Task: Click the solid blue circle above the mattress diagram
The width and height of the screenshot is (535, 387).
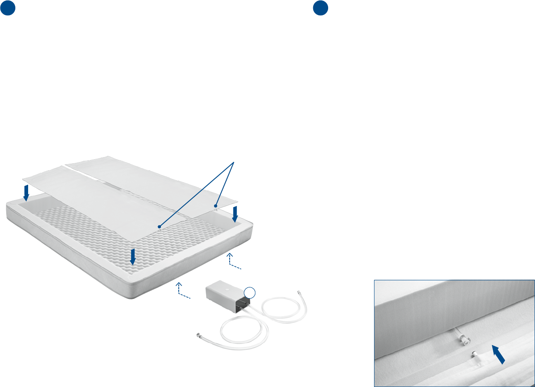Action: pyautogui.click(x=8, y=8)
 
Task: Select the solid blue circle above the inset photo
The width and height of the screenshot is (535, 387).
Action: pyautogui.click(x=321, y=8)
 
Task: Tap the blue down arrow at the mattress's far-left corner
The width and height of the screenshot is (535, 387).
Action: pyautogui.click(x=26, y=192)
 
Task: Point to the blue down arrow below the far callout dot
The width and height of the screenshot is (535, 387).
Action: pyautogui.click(x=236, y=214)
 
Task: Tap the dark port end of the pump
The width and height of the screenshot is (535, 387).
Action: pyautogui.click(x=242, y=305)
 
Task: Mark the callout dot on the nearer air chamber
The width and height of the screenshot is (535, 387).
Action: pyautogui.click(x=159, y=226)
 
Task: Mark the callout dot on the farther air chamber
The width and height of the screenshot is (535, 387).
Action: pyautogui.click(x=216, y=205)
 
